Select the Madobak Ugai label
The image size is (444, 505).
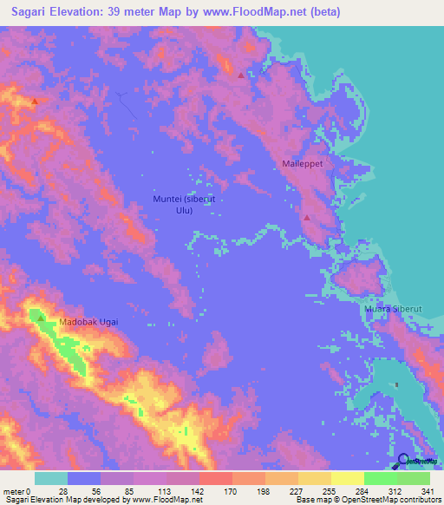[88, 322]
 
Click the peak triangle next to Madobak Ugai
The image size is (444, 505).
[41, 318]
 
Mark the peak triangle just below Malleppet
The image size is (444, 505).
[307, 217]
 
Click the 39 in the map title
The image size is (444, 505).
[118, 12]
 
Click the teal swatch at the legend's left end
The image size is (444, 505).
[51, 478]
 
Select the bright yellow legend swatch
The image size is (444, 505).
[347, 478]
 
